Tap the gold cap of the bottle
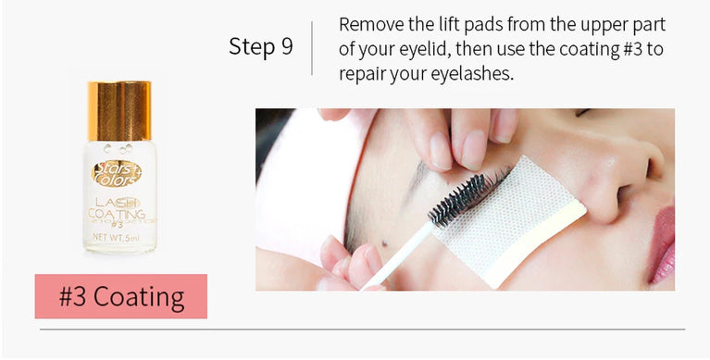[x=119, y=111]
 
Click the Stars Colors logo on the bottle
[x=118, y=172]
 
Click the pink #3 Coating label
[x=121, y=297]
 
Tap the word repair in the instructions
[x=364, y=73]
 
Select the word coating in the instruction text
[x=580, y=49]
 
